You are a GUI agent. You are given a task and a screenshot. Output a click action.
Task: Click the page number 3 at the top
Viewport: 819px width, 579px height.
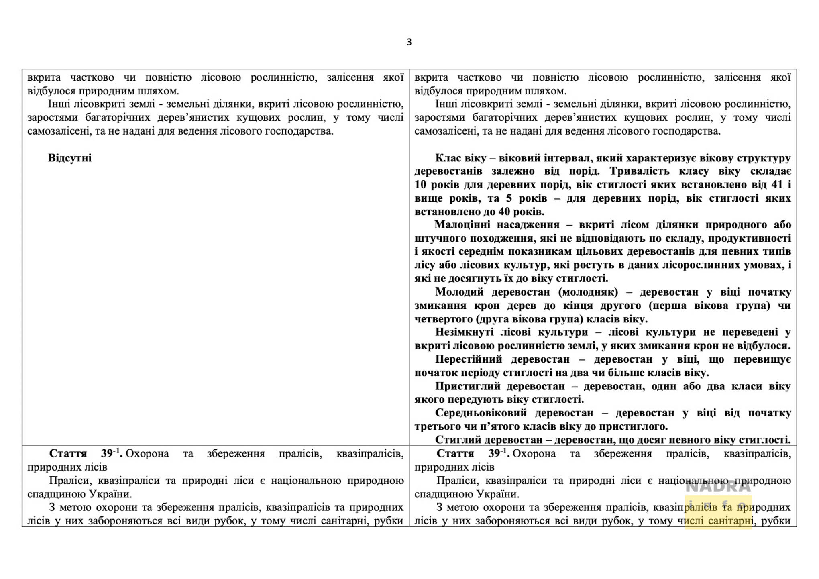[x=409, y=42]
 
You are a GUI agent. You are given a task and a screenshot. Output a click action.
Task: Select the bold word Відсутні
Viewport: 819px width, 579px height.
[x=70, y=158]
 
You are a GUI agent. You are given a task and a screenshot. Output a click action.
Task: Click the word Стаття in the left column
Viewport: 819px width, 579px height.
[x=68, y=454]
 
